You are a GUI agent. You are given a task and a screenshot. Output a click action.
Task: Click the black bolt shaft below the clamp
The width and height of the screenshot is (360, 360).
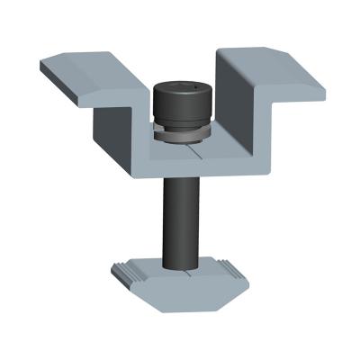(x=179, y=216)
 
